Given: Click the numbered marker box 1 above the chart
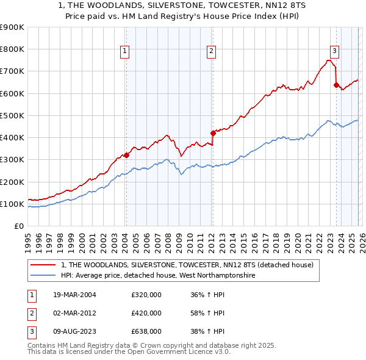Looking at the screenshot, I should click(x=124, y=51).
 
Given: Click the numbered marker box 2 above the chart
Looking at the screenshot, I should click(x=211, y=51).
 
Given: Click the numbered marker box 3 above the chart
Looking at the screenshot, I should click(x=335, y=51).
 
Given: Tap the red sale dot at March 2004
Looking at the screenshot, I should click(x=126, y=155).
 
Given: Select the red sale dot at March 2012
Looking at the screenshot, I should click(x=213, y=133).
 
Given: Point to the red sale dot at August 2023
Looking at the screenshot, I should click(x=336, y=85).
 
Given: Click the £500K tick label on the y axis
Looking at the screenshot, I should click(x=12, y=115).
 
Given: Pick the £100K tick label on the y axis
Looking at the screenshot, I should click(x=12, y=204).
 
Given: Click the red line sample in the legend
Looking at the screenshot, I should click(x=43, y=265).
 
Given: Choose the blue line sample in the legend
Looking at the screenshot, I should click(x=43, y=275).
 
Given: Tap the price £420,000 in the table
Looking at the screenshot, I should click(x=146, y=313).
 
